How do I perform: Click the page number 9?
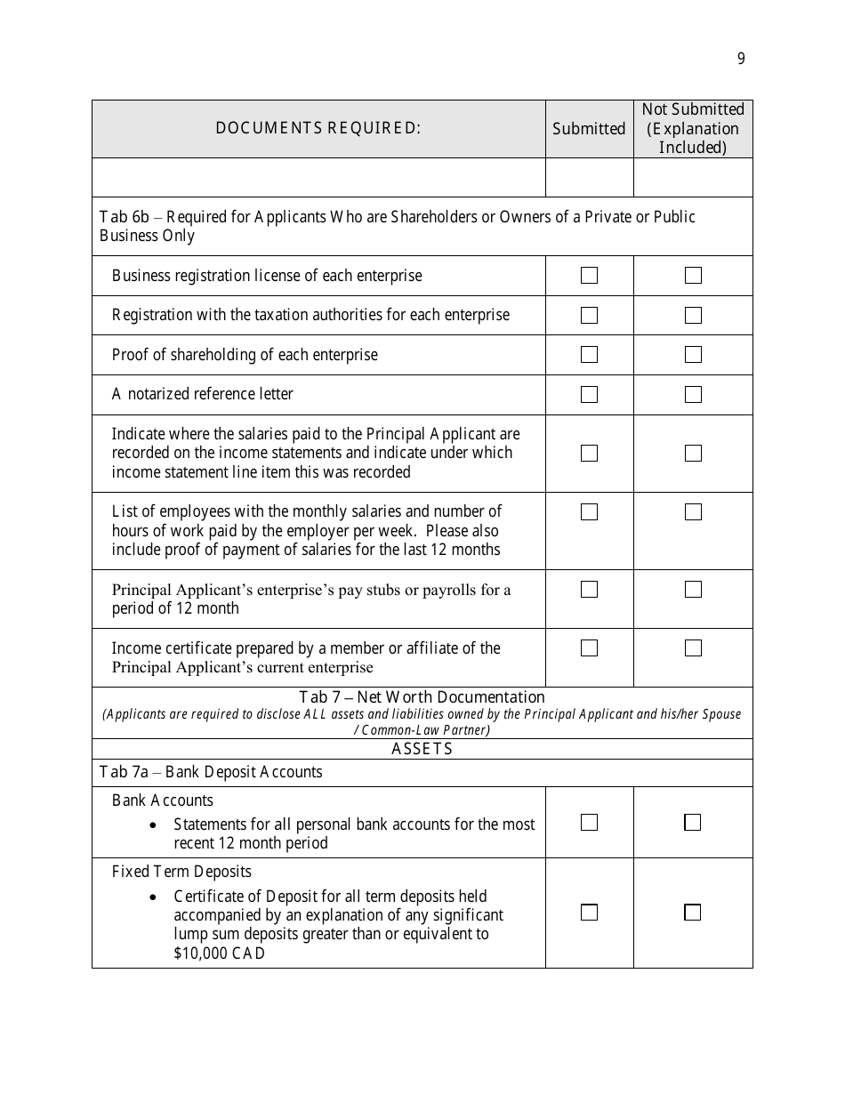[x=741, y=60]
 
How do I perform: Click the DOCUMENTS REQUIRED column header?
[x=318, y=128]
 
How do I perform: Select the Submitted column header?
[x=589, y=129]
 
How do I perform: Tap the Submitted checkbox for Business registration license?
[x=589, y=276]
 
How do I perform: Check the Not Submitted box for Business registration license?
[x=693, y=276]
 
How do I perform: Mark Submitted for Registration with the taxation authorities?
[x=589, y=315]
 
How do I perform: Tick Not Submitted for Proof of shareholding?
[x=693, y=354]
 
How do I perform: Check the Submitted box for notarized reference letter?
[x=589, y=394]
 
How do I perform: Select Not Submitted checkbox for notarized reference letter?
[x=693, y=394]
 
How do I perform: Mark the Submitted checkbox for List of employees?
[x=589, y=511]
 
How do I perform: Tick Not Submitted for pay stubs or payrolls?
[x=693, y=589]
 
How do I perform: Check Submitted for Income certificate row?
[x=589, y=648]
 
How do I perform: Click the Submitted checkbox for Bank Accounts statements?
[x=589, y=823]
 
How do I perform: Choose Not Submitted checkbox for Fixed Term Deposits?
[x=692, y=912]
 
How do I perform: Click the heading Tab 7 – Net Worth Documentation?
[x=422, y=697]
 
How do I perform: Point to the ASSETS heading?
[x=422, y=749]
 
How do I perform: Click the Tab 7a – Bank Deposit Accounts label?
[x=211, y=772]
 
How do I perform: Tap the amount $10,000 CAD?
[x=219, y=953]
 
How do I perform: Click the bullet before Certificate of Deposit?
[x=154, y=897]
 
